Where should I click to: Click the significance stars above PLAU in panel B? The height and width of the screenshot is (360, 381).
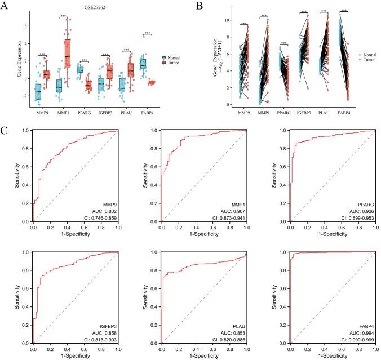coord(324,11)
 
